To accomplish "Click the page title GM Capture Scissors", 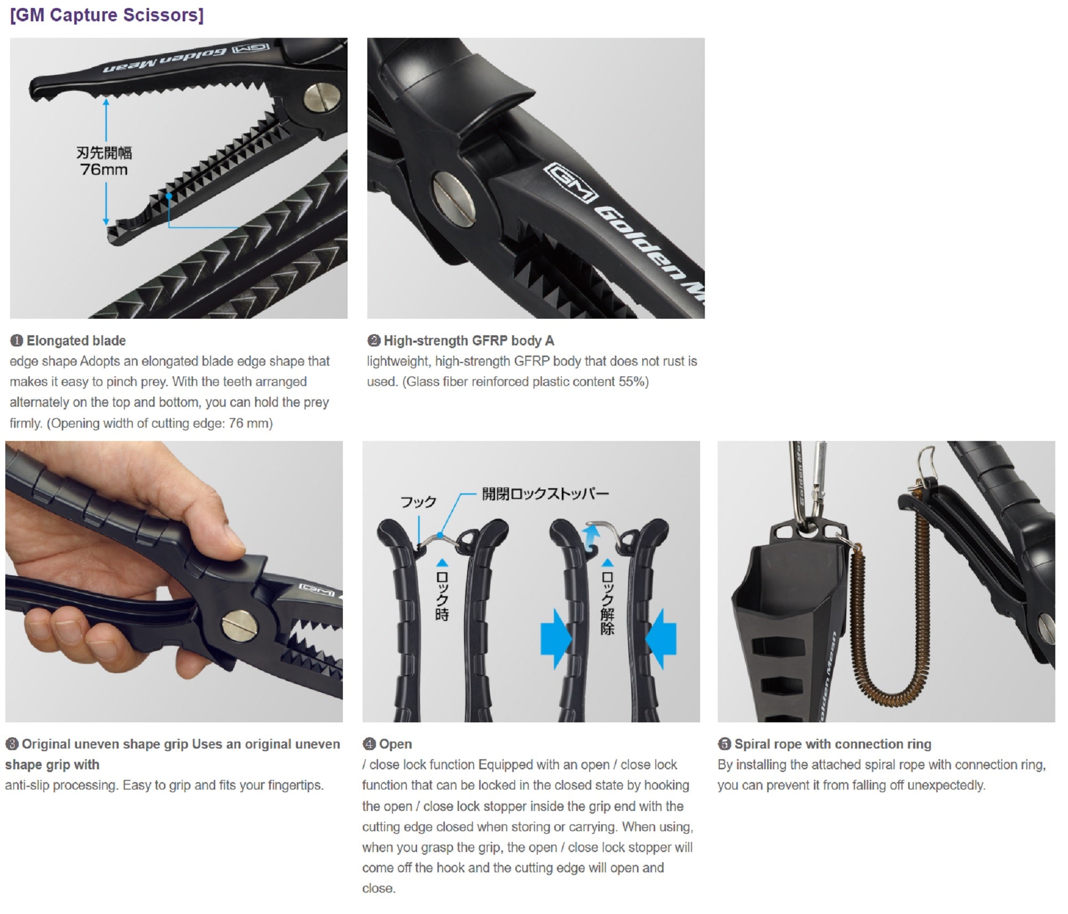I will [x=107, y=15].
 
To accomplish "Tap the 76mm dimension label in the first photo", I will [x=104, y=170].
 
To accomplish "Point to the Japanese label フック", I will [x=419, y=502].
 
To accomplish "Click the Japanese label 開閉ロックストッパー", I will [x=545, y=494].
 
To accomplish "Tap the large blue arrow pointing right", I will [x=555, y=639].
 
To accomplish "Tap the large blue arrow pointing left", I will [x=661, y=639].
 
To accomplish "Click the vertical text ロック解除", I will [x=607, y=603].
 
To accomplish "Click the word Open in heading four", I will [x=395, y=744].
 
